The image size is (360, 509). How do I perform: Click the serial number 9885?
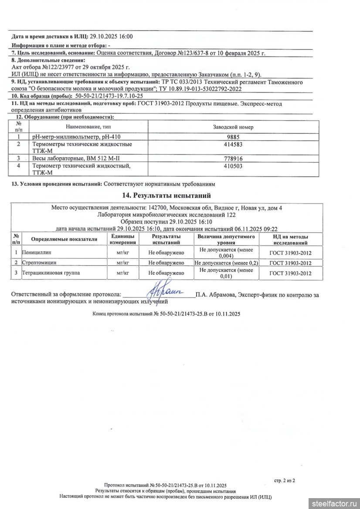coord(233,136)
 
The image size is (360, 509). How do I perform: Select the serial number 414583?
coord(233,144)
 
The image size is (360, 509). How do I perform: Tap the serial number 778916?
coord(233,158)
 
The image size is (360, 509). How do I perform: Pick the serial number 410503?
coord(233,166)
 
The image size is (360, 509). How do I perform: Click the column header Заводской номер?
coord(233,127)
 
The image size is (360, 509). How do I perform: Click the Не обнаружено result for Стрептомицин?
coord(166,263)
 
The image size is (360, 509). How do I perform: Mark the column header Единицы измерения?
coord(123,239)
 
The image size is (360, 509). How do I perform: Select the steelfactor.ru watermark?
coord(334,503)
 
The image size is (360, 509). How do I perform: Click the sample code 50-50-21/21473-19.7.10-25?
coord(109,96)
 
